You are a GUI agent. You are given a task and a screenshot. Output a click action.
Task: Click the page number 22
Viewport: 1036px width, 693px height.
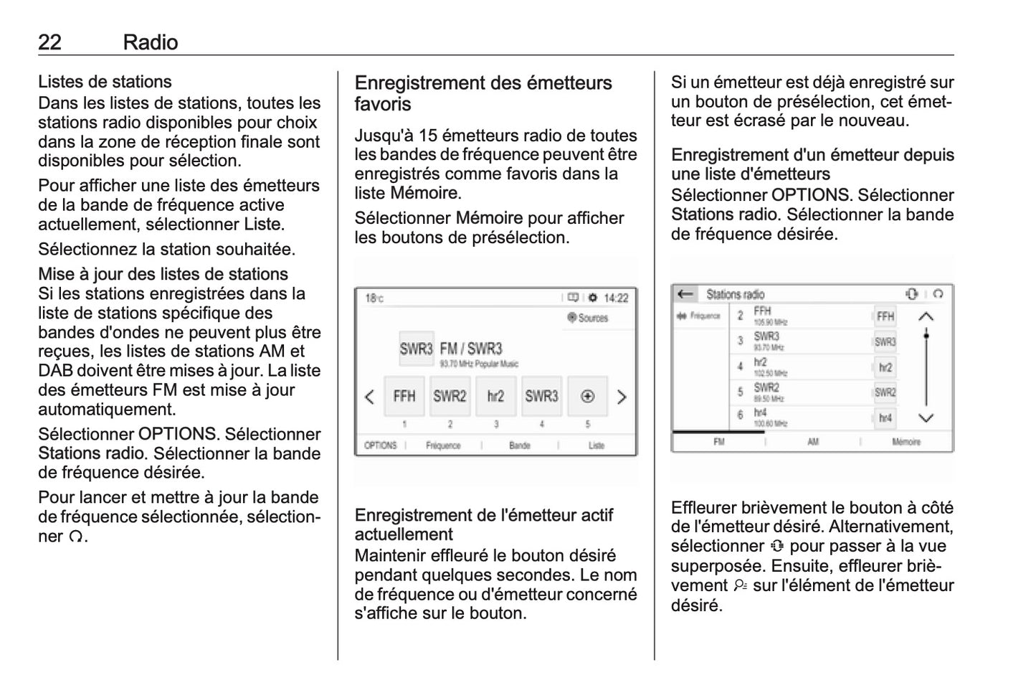click(x=49, y=42)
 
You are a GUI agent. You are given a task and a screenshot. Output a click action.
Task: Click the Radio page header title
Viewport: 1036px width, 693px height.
click(x=150, y=42)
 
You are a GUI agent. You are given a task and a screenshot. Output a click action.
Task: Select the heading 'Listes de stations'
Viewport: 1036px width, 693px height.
click(x=105, y=82)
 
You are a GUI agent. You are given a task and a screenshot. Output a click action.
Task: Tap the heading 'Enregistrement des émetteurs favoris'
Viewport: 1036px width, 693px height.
click(x=483, y=93)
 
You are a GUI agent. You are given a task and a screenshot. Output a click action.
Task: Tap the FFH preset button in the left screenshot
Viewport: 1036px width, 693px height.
click(x=404, y=396)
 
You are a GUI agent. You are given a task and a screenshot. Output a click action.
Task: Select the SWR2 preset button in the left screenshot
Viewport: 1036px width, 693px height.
click(x=450, y=396)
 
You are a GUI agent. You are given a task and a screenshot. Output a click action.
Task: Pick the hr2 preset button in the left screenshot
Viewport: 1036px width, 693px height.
click(x=495, y=396)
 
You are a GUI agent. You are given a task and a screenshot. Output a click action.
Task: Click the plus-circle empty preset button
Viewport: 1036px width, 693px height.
click(x=587, y=396)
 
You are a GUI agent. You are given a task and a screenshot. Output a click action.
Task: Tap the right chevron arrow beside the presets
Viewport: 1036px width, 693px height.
click(x=622, y=397)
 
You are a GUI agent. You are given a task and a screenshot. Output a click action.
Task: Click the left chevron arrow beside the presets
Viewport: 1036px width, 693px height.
click(x=369, y=397)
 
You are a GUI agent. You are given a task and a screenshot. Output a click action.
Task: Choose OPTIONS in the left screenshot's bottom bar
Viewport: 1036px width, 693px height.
click(x=380, y=445)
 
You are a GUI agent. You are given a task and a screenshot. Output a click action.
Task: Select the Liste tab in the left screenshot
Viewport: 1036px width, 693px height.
click(x=597, y=445)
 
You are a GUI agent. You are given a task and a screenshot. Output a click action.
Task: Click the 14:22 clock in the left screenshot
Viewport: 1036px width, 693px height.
click(x=616, y=298)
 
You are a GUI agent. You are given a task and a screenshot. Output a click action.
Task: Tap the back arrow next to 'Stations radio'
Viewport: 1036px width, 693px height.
click(x=685, y=294)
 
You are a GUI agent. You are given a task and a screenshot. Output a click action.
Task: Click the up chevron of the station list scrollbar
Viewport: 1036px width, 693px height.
click(x=926, y=316)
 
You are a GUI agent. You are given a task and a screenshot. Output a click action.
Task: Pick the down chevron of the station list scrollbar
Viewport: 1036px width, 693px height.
click(x=926, y=418)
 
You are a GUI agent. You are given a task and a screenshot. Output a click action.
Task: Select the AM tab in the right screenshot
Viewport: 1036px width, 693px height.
click(x=813, y=442)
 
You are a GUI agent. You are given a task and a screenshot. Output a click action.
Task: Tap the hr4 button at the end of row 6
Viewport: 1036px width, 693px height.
click(x=885, y=418)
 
